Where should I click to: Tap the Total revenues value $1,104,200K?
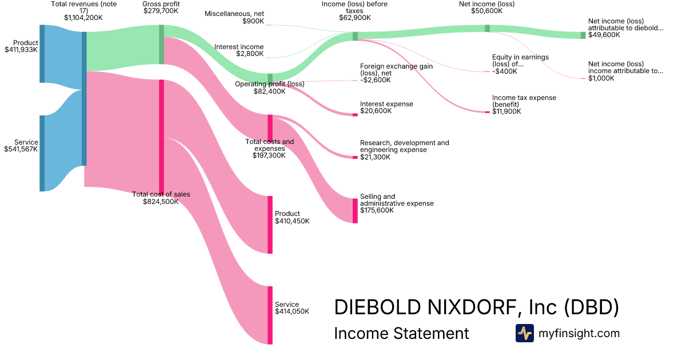83,18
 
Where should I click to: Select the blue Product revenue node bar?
42,54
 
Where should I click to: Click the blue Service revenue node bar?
42,153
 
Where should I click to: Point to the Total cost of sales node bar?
161,137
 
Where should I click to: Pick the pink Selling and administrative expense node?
355,210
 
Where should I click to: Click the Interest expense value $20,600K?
376,111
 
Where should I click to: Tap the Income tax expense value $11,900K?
506,111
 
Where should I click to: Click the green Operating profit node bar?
270,78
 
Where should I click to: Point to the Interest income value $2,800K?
250,54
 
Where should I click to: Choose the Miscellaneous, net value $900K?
253,21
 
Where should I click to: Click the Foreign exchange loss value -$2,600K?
375,80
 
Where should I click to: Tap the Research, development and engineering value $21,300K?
375,157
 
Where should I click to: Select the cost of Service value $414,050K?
292,311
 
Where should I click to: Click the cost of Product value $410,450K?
292,221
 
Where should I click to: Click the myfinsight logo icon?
524,333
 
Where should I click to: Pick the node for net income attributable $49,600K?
583,35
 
